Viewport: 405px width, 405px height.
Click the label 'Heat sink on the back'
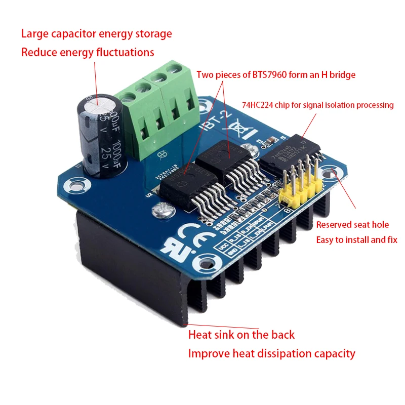click(x=241, y=335)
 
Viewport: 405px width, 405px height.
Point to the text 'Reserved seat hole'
click(x=352, y=224)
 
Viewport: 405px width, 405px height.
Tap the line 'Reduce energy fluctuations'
click(x=88, y=52)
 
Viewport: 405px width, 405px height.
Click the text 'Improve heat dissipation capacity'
click(x=272, y=353)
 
